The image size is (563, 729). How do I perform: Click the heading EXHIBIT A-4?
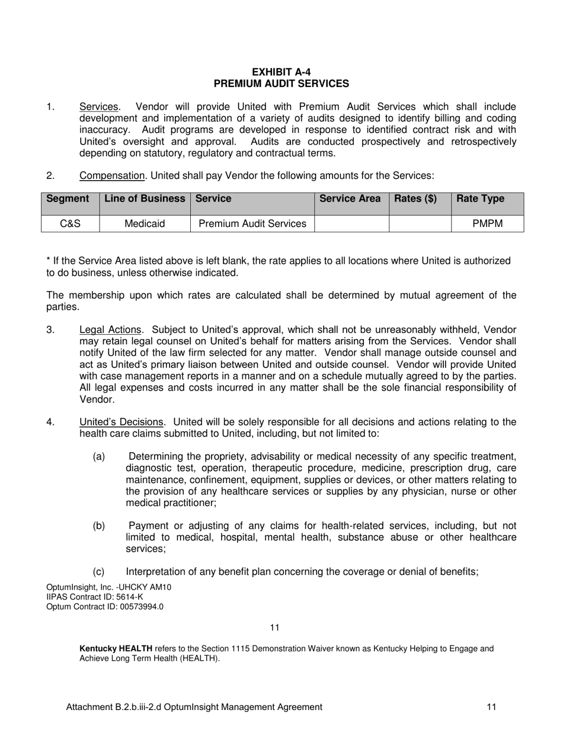pyautogui.click(x=281, y=72)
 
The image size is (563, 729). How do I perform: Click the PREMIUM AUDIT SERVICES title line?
pyautogui.click(x=281, y=84)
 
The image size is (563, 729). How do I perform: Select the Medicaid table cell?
pyautogui.click(x=145, y=224)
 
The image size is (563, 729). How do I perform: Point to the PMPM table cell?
pyautogui.click(x=487, y=224)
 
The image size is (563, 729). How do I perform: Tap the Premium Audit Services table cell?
pyautogui.click(x=252, y=224)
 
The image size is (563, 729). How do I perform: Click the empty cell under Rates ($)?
pyautogui.click(x=420, y=224)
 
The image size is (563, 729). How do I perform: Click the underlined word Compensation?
pyautogui.click(x=113, y=176)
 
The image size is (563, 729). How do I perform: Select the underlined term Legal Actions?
pyautogui.click(x=111, y=330)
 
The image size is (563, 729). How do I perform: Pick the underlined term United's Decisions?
pyautogui.click(x=121, y=423)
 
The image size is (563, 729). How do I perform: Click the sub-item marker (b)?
pyautogui.click(x=99, y=526)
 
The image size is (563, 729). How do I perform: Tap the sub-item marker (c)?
pyautogui.click(x=99, y=572)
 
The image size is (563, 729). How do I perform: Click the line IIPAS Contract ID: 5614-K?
pyautogui.click(x=94, y=597)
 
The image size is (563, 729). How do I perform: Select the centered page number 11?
pyautogui.click(x=274, y=628)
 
